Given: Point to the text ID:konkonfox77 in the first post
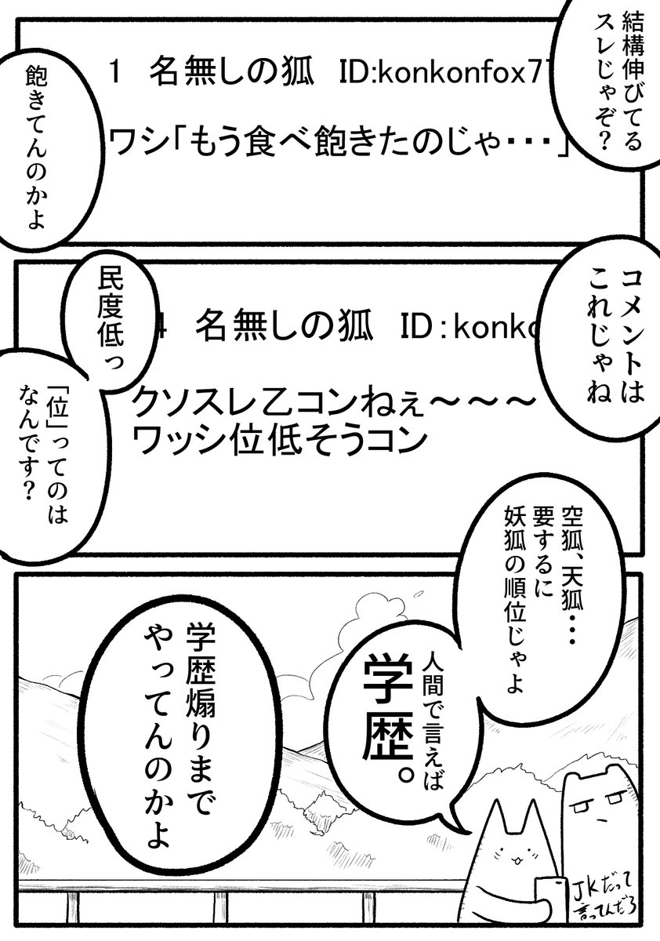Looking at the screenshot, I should pos(447,74).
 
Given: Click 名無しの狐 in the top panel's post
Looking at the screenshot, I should pos(234,74).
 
